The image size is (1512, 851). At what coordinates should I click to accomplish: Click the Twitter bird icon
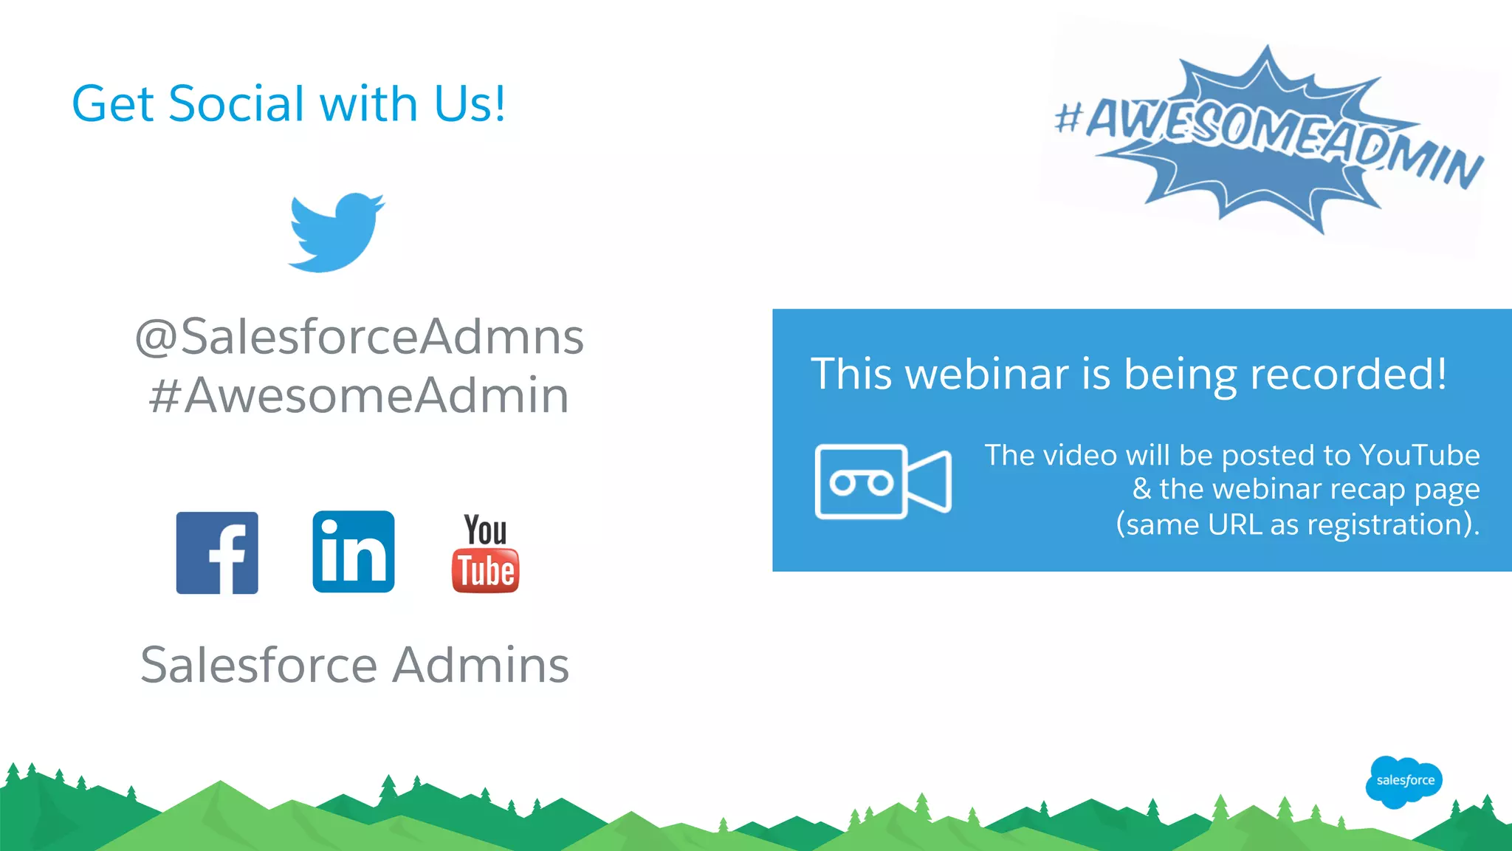[x=336, y=232]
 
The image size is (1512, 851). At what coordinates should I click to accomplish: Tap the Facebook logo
[x=217, y=553]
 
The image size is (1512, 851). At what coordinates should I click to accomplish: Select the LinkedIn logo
[x=354, y=552]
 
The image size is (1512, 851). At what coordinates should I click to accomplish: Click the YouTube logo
[x=485, y=553]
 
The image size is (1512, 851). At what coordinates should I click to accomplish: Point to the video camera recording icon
[x=883, y=482]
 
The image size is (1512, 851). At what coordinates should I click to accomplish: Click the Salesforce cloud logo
[x=1404, y=781]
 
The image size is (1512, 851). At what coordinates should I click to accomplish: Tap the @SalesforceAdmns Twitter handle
[x=360, y=337]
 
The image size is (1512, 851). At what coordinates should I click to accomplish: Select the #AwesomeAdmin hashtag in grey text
[x=360, y=395]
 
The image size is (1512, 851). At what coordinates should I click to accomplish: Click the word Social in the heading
[x=236, y=103]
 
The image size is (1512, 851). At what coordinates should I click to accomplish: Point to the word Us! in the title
[x=470, y=103]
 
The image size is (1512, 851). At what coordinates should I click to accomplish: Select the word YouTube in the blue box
[x=1419, y=455]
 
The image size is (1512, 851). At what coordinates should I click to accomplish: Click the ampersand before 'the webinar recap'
[x=1141, y=489]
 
